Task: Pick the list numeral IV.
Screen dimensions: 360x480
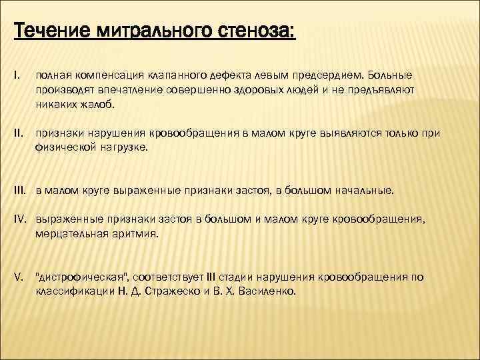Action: coord(19,218)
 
